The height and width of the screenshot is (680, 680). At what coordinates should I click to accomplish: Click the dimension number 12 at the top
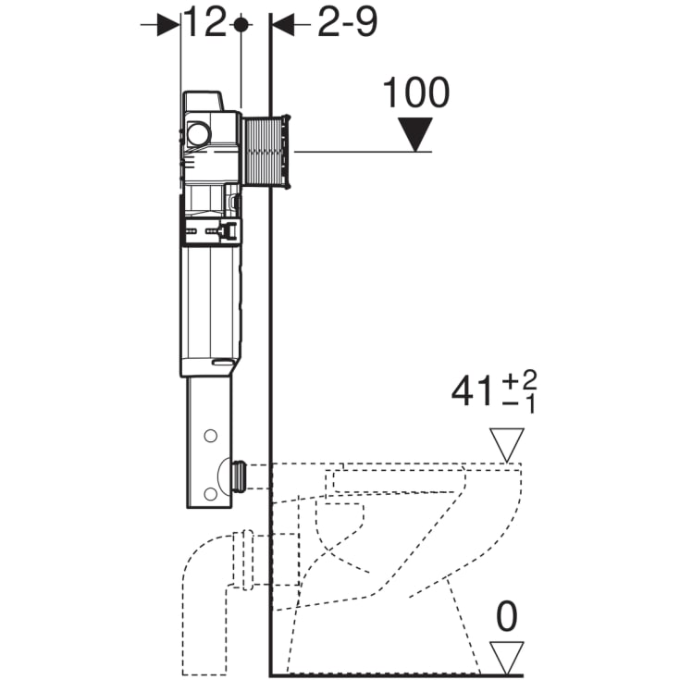click(204, 22)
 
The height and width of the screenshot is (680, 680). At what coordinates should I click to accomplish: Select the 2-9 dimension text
click(347, 23)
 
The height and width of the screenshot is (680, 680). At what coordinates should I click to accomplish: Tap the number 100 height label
click(415, 93)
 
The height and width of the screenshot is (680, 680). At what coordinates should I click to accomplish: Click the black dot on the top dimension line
click(241, 25)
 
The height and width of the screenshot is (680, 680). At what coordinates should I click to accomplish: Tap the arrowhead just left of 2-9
click(281, 25)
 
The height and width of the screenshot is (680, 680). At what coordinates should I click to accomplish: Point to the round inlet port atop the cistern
click(198, 135)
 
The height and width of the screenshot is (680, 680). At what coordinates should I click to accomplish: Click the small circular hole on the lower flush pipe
click(212, 436)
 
